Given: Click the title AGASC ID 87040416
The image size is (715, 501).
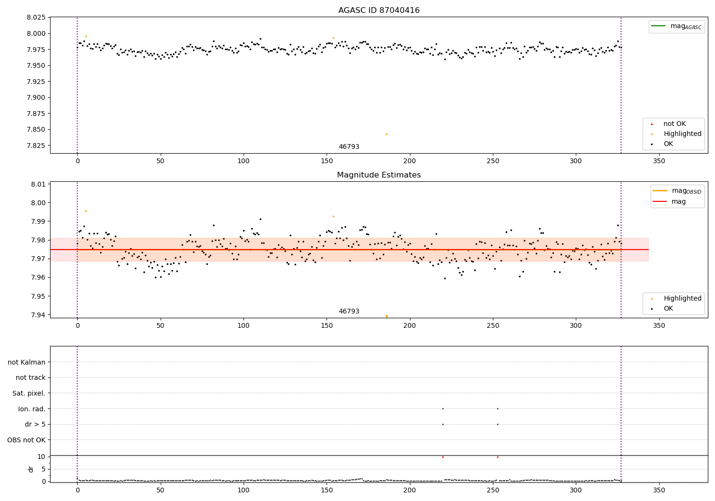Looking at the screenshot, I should tap(379, 10).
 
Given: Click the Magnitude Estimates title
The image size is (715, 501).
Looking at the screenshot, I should tap(379, 175).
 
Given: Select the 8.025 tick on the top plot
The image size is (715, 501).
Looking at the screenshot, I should tap(36, 18).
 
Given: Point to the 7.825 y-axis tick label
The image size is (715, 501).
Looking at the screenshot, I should tap(36, 146).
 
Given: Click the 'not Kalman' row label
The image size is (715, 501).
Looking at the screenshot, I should tap(27, 362).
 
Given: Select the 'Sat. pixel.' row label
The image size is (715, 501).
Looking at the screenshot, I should tap(29, 393).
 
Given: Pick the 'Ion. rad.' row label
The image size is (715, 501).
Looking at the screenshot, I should tap(32, 409).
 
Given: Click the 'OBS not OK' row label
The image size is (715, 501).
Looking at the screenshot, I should tap(27, 440).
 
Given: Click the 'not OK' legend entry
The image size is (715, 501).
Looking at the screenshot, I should tap(674, 124).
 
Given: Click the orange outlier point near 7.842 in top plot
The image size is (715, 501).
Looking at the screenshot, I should tap(387, 134).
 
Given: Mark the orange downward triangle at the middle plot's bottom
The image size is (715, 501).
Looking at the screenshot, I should tap(387, 316).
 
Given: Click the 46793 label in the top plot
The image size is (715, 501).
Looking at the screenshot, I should tap(349, 147).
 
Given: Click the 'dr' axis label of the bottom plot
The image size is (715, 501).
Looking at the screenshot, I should tap(31, 469).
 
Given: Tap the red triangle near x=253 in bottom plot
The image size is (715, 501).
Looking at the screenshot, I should tap(498, 457).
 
